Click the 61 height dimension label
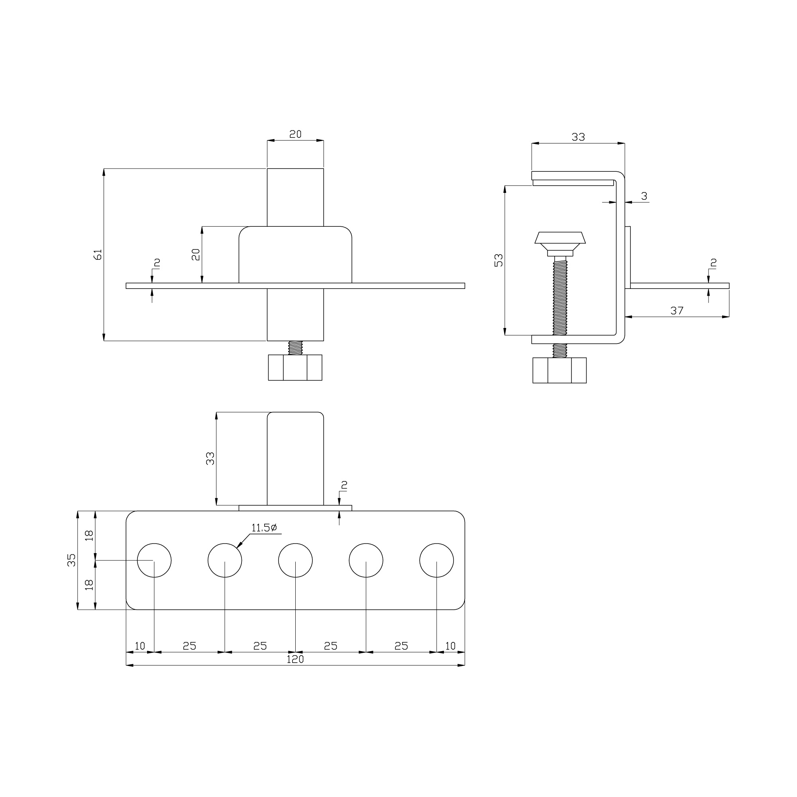coord(98,255)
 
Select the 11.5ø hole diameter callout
coord(264,528)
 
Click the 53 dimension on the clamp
coord(499,260)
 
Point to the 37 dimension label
coord(677,311)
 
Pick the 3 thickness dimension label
coord(644,196)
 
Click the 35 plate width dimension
coord(72,560)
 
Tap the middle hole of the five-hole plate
coord(295,560)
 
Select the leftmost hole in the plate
coord(154,560)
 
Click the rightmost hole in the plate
coord(436,560)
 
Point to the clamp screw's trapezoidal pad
coord(560,238)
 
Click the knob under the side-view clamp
coord(559,371)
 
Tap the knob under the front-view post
coord(295,367)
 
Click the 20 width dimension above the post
coord(295,134)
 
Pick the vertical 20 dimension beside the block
coord(196,255)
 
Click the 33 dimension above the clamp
coord(578,137)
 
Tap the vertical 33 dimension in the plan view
coord(210,458)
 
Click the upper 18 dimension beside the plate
coord(89,536)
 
